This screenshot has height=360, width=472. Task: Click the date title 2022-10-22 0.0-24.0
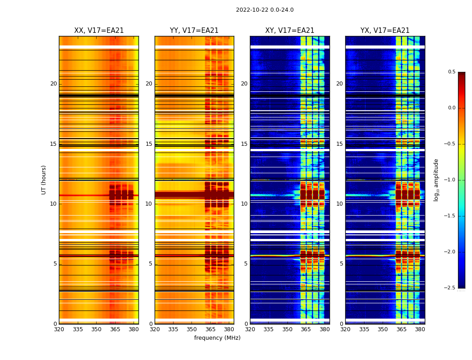265,10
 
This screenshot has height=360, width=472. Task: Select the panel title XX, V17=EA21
99,31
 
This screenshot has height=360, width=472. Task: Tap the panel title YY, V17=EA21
194,31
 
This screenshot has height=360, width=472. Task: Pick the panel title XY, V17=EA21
289,31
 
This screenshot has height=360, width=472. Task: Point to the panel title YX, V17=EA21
385,31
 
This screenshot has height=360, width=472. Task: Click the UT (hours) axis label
44,180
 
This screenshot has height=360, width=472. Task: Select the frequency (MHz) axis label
217,338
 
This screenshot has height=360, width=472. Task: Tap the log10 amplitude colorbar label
436,180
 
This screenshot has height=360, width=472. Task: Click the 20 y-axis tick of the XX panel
53,84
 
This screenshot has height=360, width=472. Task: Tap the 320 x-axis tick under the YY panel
155,329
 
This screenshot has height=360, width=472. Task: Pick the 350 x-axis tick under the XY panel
287,329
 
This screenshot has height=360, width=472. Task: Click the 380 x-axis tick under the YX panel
420,329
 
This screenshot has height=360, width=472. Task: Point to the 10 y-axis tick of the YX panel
340,204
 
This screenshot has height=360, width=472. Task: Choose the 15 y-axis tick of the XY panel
244,144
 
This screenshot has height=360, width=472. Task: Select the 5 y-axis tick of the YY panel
151,264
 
